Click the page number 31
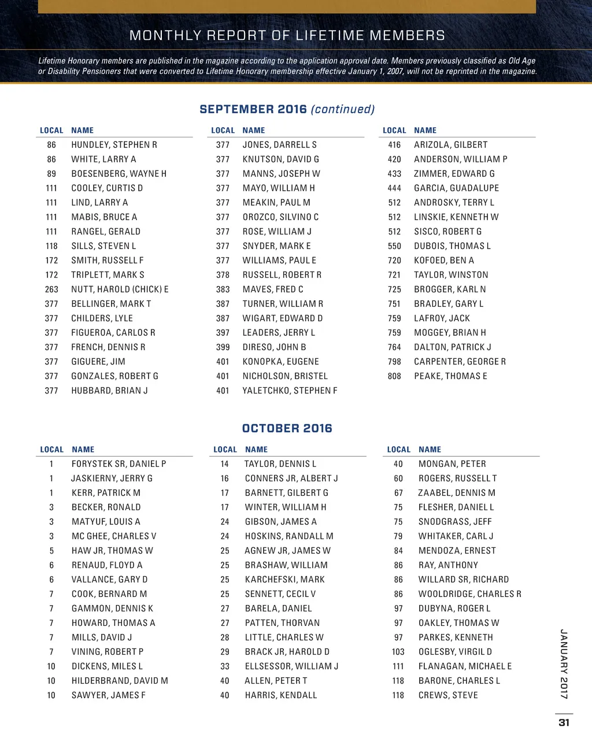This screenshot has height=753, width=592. pyautogui.click(x=564, y=722)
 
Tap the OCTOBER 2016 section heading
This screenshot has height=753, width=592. pyautogui.click(x=287, y=428)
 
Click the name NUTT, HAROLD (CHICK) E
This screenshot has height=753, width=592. pyautogui.click(x=120, y=289)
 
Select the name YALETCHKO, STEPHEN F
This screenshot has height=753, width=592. pyautogui.click(x=290, y=390)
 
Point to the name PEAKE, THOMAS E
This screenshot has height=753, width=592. pyautogui.click(x=450, y=376)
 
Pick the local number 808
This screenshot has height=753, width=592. pyautogui.click(x=394, y=376)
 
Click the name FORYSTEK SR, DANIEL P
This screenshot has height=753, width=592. pyautogui.click(x=119, y=463)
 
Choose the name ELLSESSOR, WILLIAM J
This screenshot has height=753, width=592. pyautogui.click(x=291, y=666)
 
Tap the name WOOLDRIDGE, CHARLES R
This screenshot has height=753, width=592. pyautogui.click(x=469, y=594)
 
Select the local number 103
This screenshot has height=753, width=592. pyautogui.click(x=398, y=651)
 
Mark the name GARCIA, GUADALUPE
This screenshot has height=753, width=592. pyautogui.click(x=456, y=188)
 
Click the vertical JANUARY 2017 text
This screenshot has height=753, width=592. pyautogui.click(x=564, y=664)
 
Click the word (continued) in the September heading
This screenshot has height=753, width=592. pyautogui.click(x=343, y=109)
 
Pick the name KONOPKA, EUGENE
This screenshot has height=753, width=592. pyautogui.click(x=280, y=361)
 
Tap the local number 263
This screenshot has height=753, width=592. pyautogui.click(x=51, y=289)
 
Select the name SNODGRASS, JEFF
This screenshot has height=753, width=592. pyautogui.click(x=455, y=521)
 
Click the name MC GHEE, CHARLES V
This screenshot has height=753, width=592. pyautogui.click(x=114, y=536)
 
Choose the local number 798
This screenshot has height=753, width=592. pyautogui.click(x=394, y=361)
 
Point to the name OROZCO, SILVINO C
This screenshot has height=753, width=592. pyautogui.click(x=280, y=217)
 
